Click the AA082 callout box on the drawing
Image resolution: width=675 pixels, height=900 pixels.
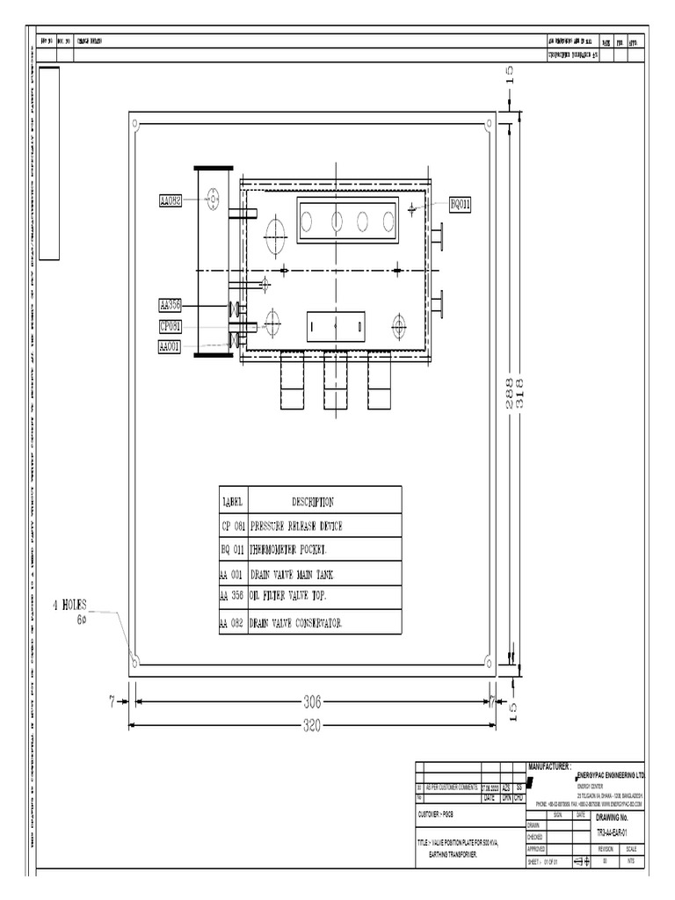[x=171, y=201]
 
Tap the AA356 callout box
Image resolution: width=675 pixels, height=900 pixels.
[x=170, y=305]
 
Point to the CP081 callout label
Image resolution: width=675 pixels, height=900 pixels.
[x=170, y=326]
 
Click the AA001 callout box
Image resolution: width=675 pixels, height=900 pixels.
[x=170, y=347]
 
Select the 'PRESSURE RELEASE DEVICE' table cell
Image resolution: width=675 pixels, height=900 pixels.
[x=296, y=526]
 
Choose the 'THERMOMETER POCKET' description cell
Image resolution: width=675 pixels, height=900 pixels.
[x=288, y=550]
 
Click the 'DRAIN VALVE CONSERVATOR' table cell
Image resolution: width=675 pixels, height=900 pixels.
[x=295, y=623]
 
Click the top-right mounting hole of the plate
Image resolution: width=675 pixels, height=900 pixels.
[x=490, y=124]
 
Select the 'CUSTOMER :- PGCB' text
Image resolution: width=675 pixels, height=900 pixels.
[x=441, y=815]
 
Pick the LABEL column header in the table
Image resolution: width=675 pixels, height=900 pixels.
[x=233, y=503]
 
